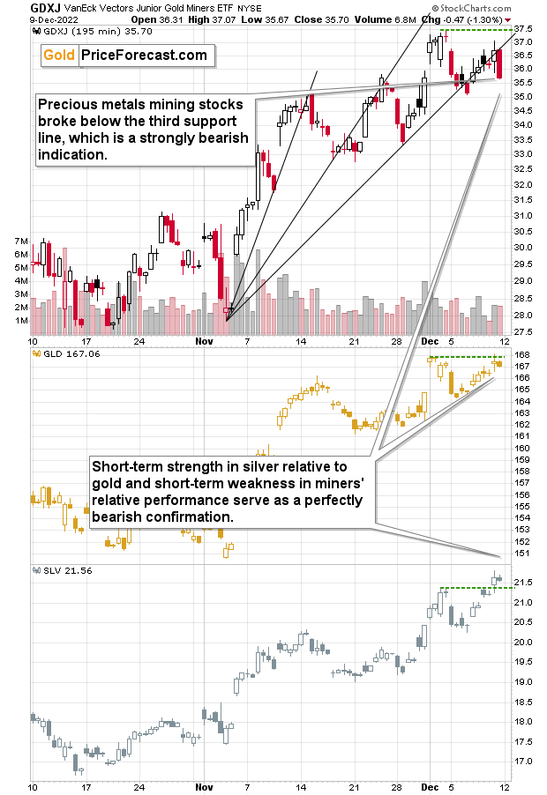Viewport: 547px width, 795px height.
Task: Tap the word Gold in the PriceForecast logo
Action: pyautogui.click(x=58, y=56)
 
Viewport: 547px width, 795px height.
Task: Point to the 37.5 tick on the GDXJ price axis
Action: pyautogui.click(x=524, y=41)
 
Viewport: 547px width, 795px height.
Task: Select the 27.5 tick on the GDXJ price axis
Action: pyautogui.click(x=524, y=331)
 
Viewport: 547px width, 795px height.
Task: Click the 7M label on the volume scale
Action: pyautogui.click(x=17, y=241)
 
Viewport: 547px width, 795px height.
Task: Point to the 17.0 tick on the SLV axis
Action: pyautogui.click(x=522, y=761)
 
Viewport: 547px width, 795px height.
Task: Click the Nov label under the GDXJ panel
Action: pyautogui.click(x=204, y=340)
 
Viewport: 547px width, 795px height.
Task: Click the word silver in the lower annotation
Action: pyautogui.click(x=296, y=466)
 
